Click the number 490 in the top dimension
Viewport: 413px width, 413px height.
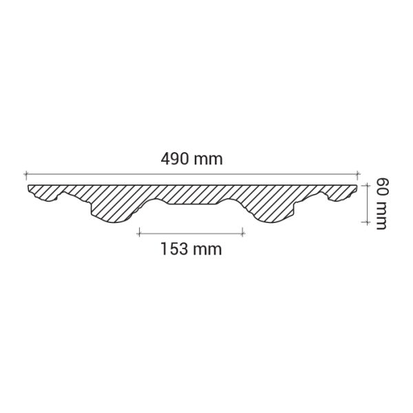175,159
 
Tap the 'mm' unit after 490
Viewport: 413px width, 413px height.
209,160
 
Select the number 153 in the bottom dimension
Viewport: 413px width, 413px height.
174,249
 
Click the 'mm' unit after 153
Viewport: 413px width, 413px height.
207,251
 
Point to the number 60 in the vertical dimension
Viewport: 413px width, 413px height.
383,188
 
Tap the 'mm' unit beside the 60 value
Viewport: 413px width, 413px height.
381,216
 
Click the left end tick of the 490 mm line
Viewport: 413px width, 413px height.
26,174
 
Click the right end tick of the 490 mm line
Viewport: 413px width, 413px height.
357,174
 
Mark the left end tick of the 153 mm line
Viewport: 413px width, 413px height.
139,233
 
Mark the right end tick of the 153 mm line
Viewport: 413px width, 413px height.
242,233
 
